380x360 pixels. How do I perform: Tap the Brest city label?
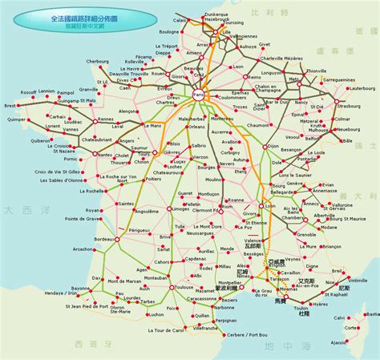[x=9, y=105]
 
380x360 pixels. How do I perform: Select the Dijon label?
[x=273, y=146]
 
